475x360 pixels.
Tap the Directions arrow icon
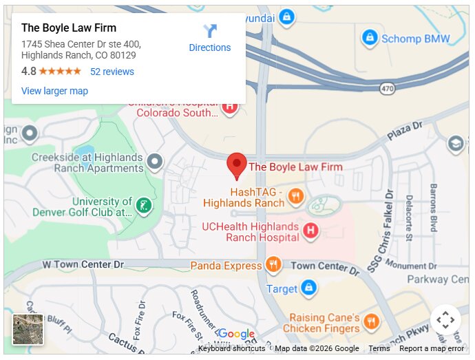(x=210, y=32)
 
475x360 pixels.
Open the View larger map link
(x=54, y=91)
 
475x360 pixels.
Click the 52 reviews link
(x=112, y=72)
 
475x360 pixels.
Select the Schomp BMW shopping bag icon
(x=370, y=38)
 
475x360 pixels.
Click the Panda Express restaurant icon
(x=273, y=265)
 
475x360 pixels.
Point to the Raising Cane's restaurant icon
(x=371, y=322)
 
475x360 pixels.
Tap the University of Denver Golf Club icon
(x=144, y=204)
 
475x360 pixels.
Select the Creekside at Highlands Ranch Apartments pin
(x=156, y=162)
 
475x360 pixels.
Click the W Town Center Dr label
(x=83, y=264)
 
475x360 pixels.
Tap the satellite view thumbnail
(x=28, y=329)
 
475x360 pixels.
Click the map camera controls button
(x=445, y=319)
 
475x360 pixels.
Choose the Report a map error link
(x=432, y=349)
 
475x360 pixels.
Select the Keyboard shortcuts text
(x=231, y=349)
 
